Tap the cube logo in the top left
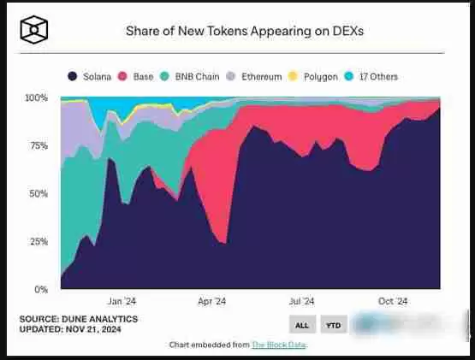(34, 30)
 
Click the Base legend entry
(138, 77)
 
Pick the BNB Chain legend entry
(189, 77)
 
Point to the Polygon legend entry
(316, 77)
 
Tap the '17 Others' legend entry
(373, 77)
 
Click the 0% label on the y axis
(40, 289)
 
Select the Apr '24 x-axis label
(211, 301)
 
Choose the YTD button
(333, 326)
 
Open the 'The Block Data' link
(278, 345)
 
